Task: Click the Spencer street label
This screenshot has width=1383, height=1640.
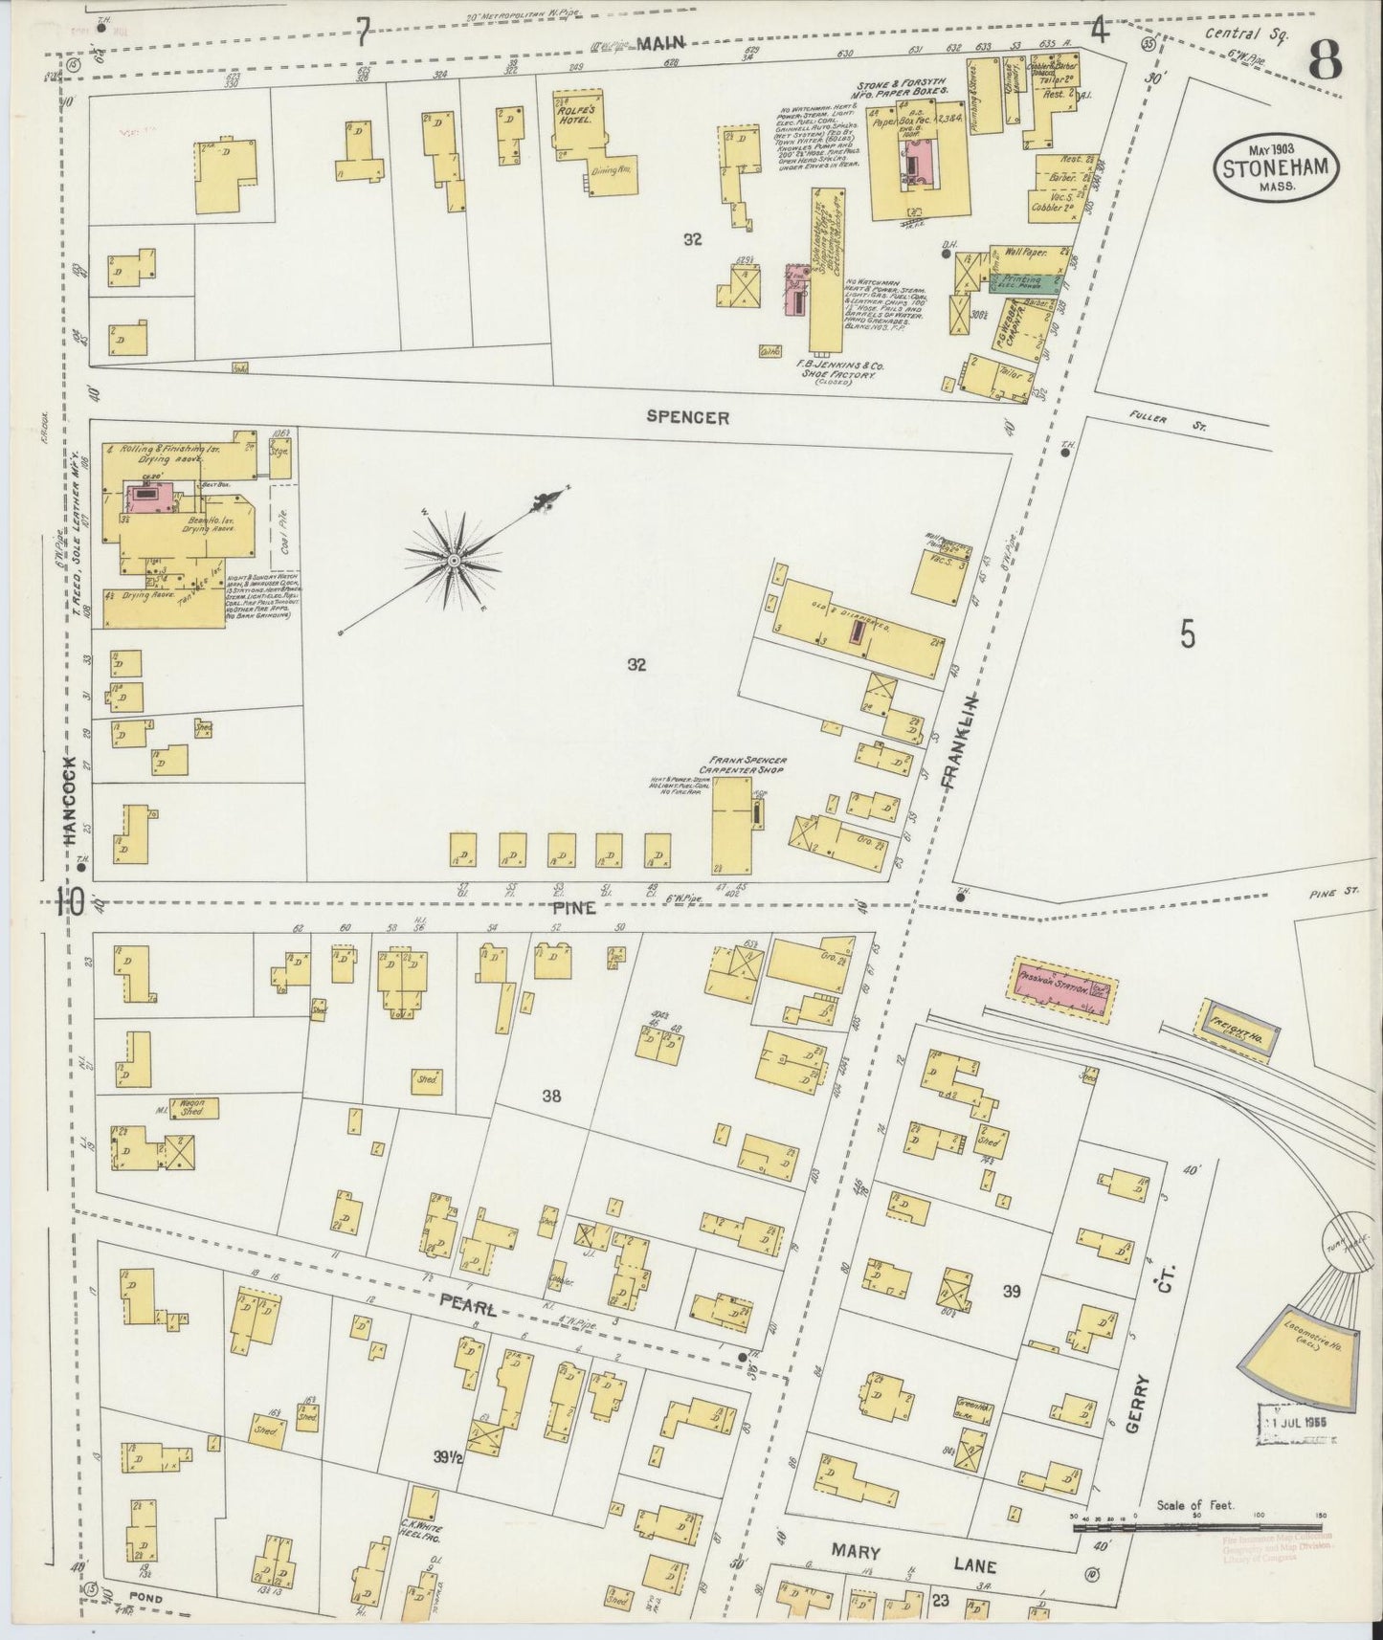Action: point(686,417)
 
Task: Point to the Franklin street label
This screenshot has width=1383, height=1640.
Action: point(952,739)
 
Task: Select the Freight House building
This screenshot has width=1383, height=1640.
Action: point(1236,1031)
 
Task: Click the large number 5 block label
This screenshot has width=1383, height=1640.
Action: point(1187,635)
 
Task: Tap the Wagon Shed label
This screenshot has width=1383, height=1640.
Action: point(194,1108)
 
